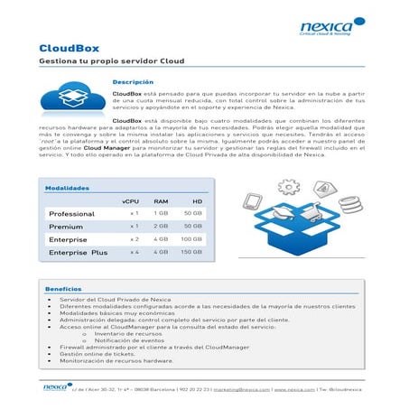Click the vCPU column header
[130, 200]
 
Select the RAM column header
[161, 200]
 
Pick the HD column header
[196, 200]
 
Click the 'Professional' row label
[71, 213]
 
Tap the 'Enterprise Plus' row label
[78, 254]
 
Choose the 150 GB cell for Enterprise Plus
[191, 253]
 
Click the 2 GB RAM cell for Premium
[161, 226]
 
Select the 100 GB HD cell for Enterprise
[191, 239]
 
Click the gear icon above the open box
[288, 186]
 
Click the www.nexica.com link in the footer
[302, 389]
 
